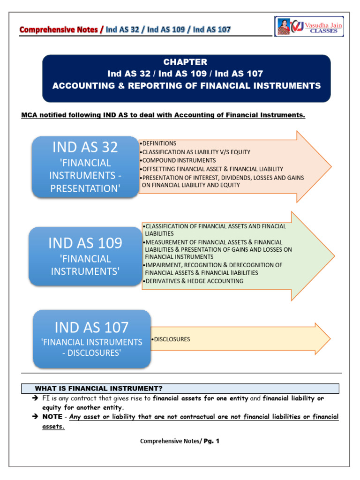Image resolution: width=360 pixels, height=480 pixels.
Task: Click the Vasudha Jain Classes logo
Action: [x=309, y=27]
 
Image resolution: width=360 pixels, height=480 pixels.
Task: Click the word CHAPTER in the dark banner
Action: [x=185, y=62]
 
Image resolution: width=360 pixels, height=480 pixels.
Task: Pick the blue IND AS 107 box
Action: [x=91, y=338]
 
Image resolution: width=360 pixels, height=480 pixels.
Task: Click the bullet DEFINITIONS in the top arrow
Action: [x=159, y=143]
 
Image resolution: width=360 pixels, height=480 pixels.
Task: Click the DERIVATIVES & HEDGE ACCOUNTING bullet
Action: [x=194, y=281]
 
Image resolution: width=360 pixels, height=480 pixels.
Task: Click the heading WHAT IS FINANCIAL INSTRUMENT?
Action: [x=98, y=388]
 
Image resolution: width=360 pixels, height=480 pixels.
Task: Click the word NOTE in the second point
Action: [x=52, y=417]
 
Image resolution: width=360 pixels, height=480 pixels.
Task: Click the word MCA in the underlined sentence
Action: [x=30, y=115]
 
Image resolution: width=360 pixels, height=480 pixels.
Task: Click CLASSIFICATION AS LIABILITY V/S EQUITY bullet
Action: [x=196, y=152]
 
